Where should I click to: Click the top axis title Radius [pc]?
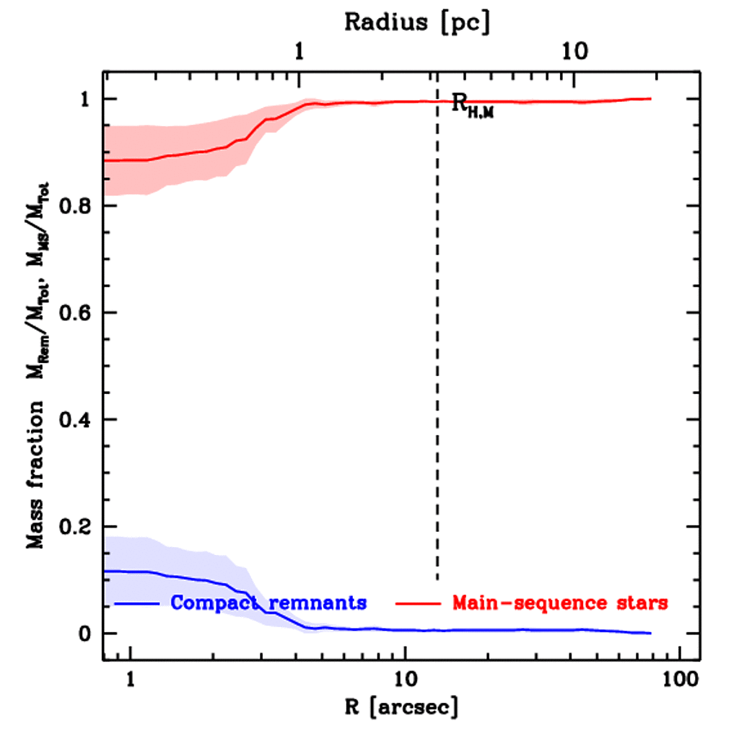pos(417,22)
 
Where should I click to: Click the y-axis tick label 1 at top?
pos(84,100)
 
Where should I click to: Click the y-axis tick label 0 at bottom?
pos(84,634)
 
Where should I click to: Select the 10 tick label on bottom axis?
pos(406,679)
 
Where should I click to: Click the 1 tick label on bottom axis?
pos(131,679)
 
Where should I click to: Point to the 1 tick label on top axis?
pos(299,53)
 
